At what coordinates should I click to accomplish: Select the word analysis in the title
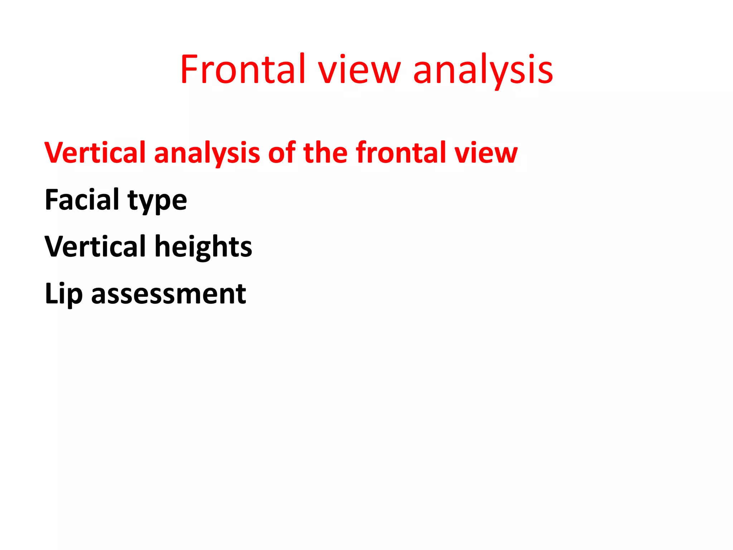click(x=483, y=70)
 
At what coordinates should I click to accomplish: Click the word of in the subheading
click(x=282, y=153)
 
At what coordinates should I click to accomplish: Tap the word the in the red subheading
click(x=325, y=153)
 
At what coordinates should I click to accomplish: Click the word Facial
click(x=82, y=199)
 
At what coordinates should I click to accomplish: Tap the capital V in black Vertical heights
click(x=55, y=246)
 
